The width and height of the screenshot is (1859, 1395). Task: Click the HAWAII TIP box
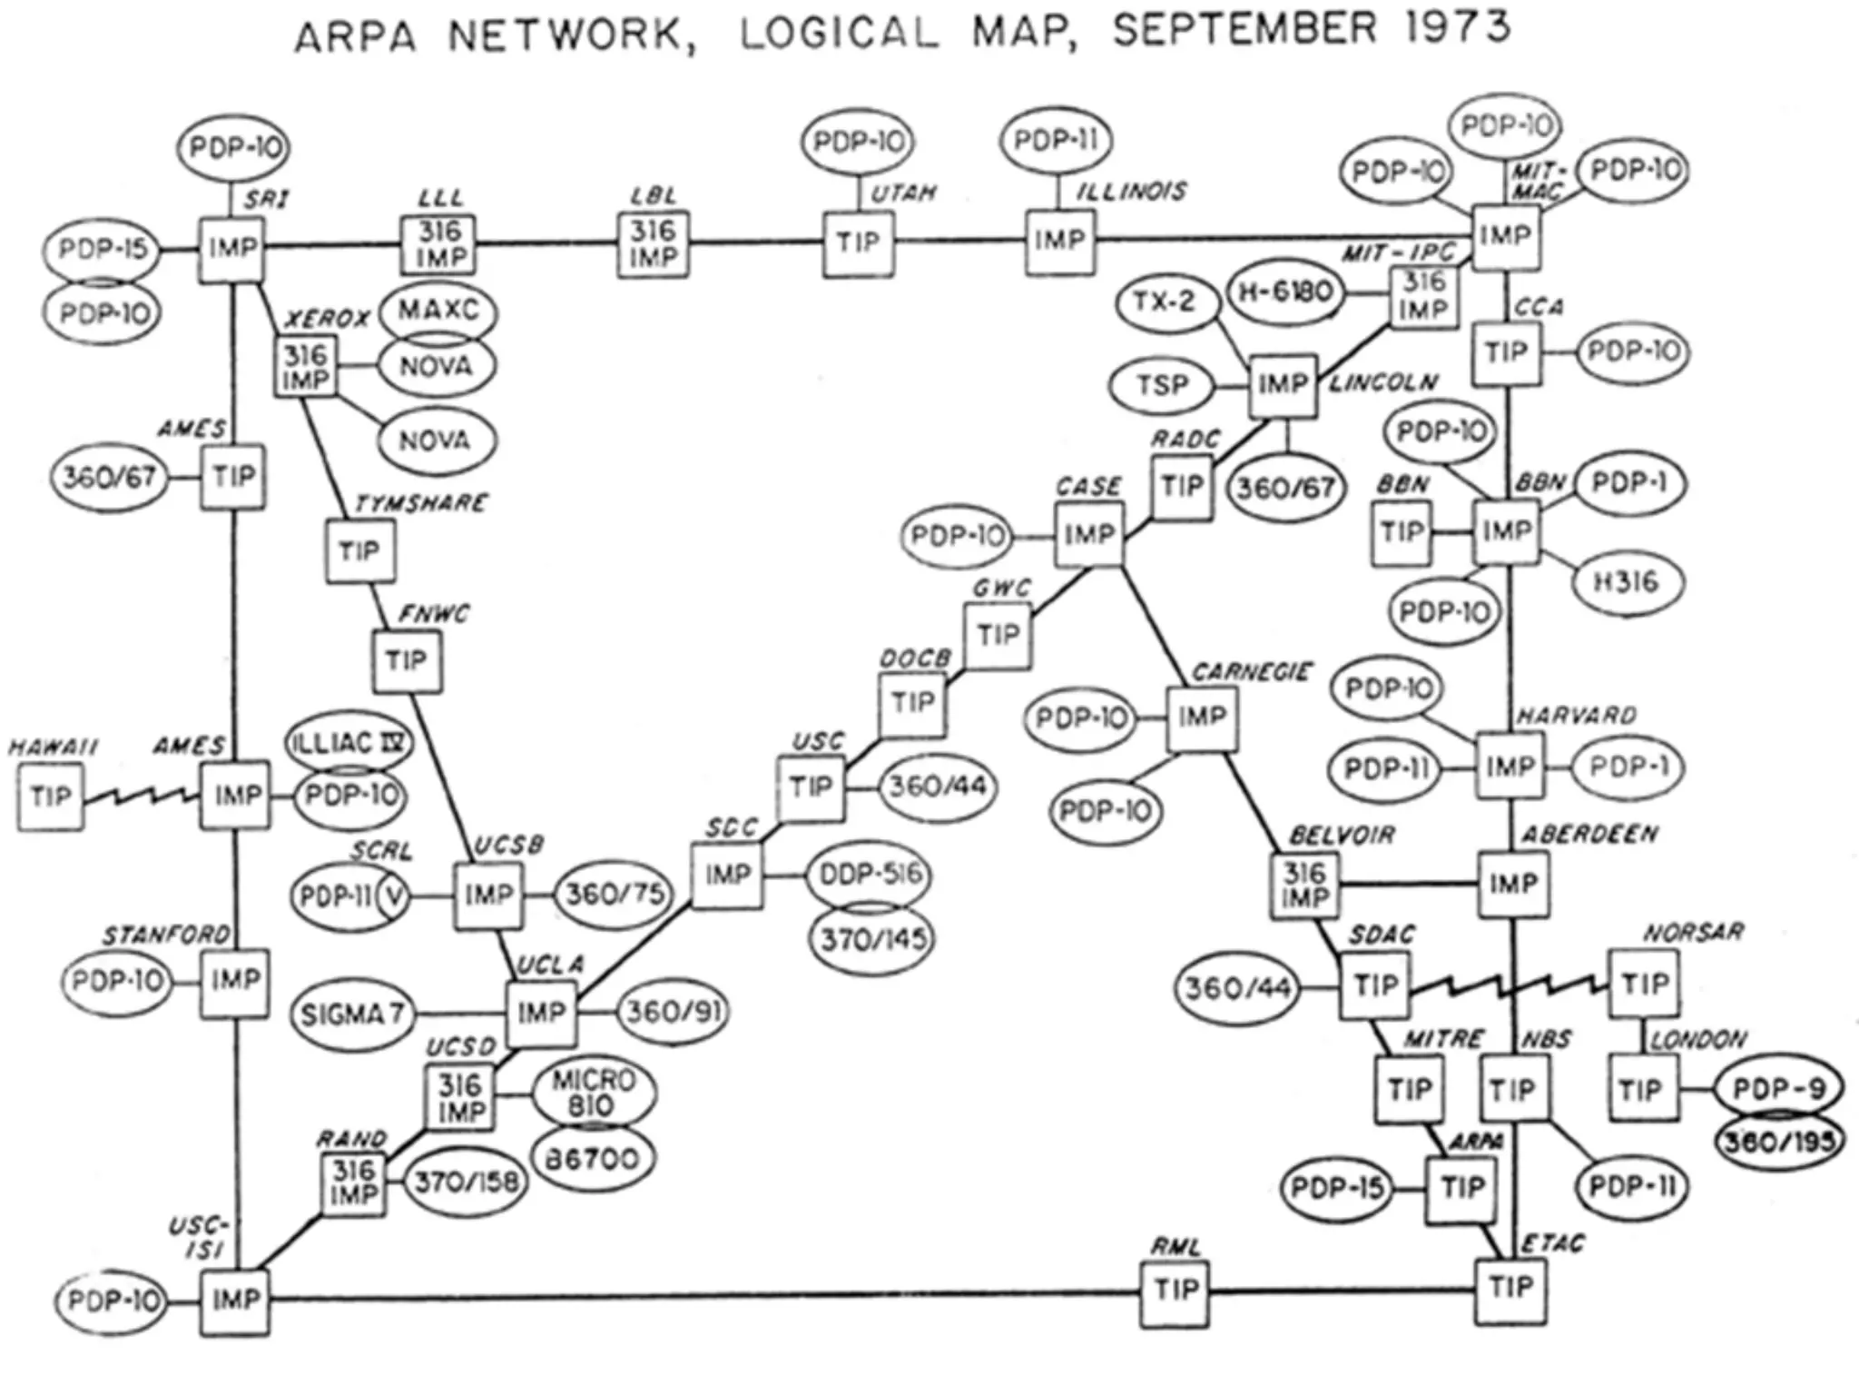pos(50,796)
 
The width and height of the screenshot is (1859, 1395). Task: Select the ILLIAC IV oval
pos(349,743)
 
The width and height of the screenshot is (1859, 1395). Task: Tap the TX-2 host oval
pos(1165,302)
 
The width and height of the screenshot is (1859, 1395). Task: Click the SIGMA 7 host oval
pos(352,1014)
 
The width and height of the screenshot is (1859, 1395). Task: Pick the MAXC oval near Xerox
pos(438,311)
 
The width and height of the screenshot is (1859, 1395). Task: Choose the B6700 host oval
pos(592,1159)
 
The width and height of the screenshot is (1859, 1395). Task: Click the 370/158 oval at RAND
pos(466,1182)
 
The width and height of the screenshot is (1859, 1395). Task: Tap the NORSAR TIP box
pos(1644,984)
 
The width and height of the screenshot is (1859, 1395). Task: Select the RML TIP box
pos(1175,1290)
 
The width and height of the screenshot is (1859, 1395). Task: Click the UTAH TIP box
pos(859,242)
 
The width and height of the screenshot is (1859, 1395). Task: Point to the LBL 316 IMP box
pos(654,243)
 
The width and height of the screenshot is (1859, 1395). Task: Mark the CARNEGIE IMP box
pos(1202,718)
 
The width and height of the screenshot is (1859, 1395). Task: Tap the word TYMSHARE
pos(420,503)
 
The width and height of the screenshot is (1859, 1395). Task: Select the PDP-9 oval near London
pos(1777,1089)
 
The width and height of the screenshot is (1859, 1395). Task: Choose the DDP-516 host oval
pos(870,875)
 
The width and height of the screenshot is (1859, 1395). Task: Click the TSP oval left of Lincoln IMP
pos(1162,385)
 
